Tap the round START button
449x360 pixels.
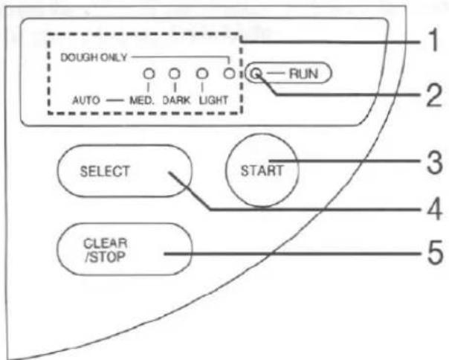click(262, 170)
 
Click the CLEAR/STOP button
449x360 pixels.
click(124, 249)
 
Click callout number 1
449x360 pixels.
click(433, 40)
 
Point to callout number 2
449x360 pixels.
click(433, 96)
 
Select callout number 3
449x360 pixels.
click(434, 163)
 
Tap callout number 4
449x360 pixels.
click(434, 210)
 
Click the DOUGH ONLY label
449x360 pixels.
click(94, 57)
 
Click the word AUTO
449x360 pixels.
click(86, 100)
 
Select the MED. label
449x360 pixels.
click(142, 100)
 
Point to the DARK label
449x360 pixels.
click(176, 100)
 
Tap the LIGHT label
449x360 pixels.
click(213, 100)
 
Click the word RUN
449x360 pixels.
click(303, 74)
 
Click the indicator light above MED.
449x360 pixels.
click(149, 74)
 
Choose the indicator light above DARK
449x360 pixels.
click(175, 74)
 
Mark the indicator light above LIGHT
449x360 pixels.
click(202, 74)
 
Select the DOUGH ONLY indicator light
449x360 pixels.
click(229, 74)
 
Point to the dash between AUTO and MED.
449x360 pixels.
click(114, 101)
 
